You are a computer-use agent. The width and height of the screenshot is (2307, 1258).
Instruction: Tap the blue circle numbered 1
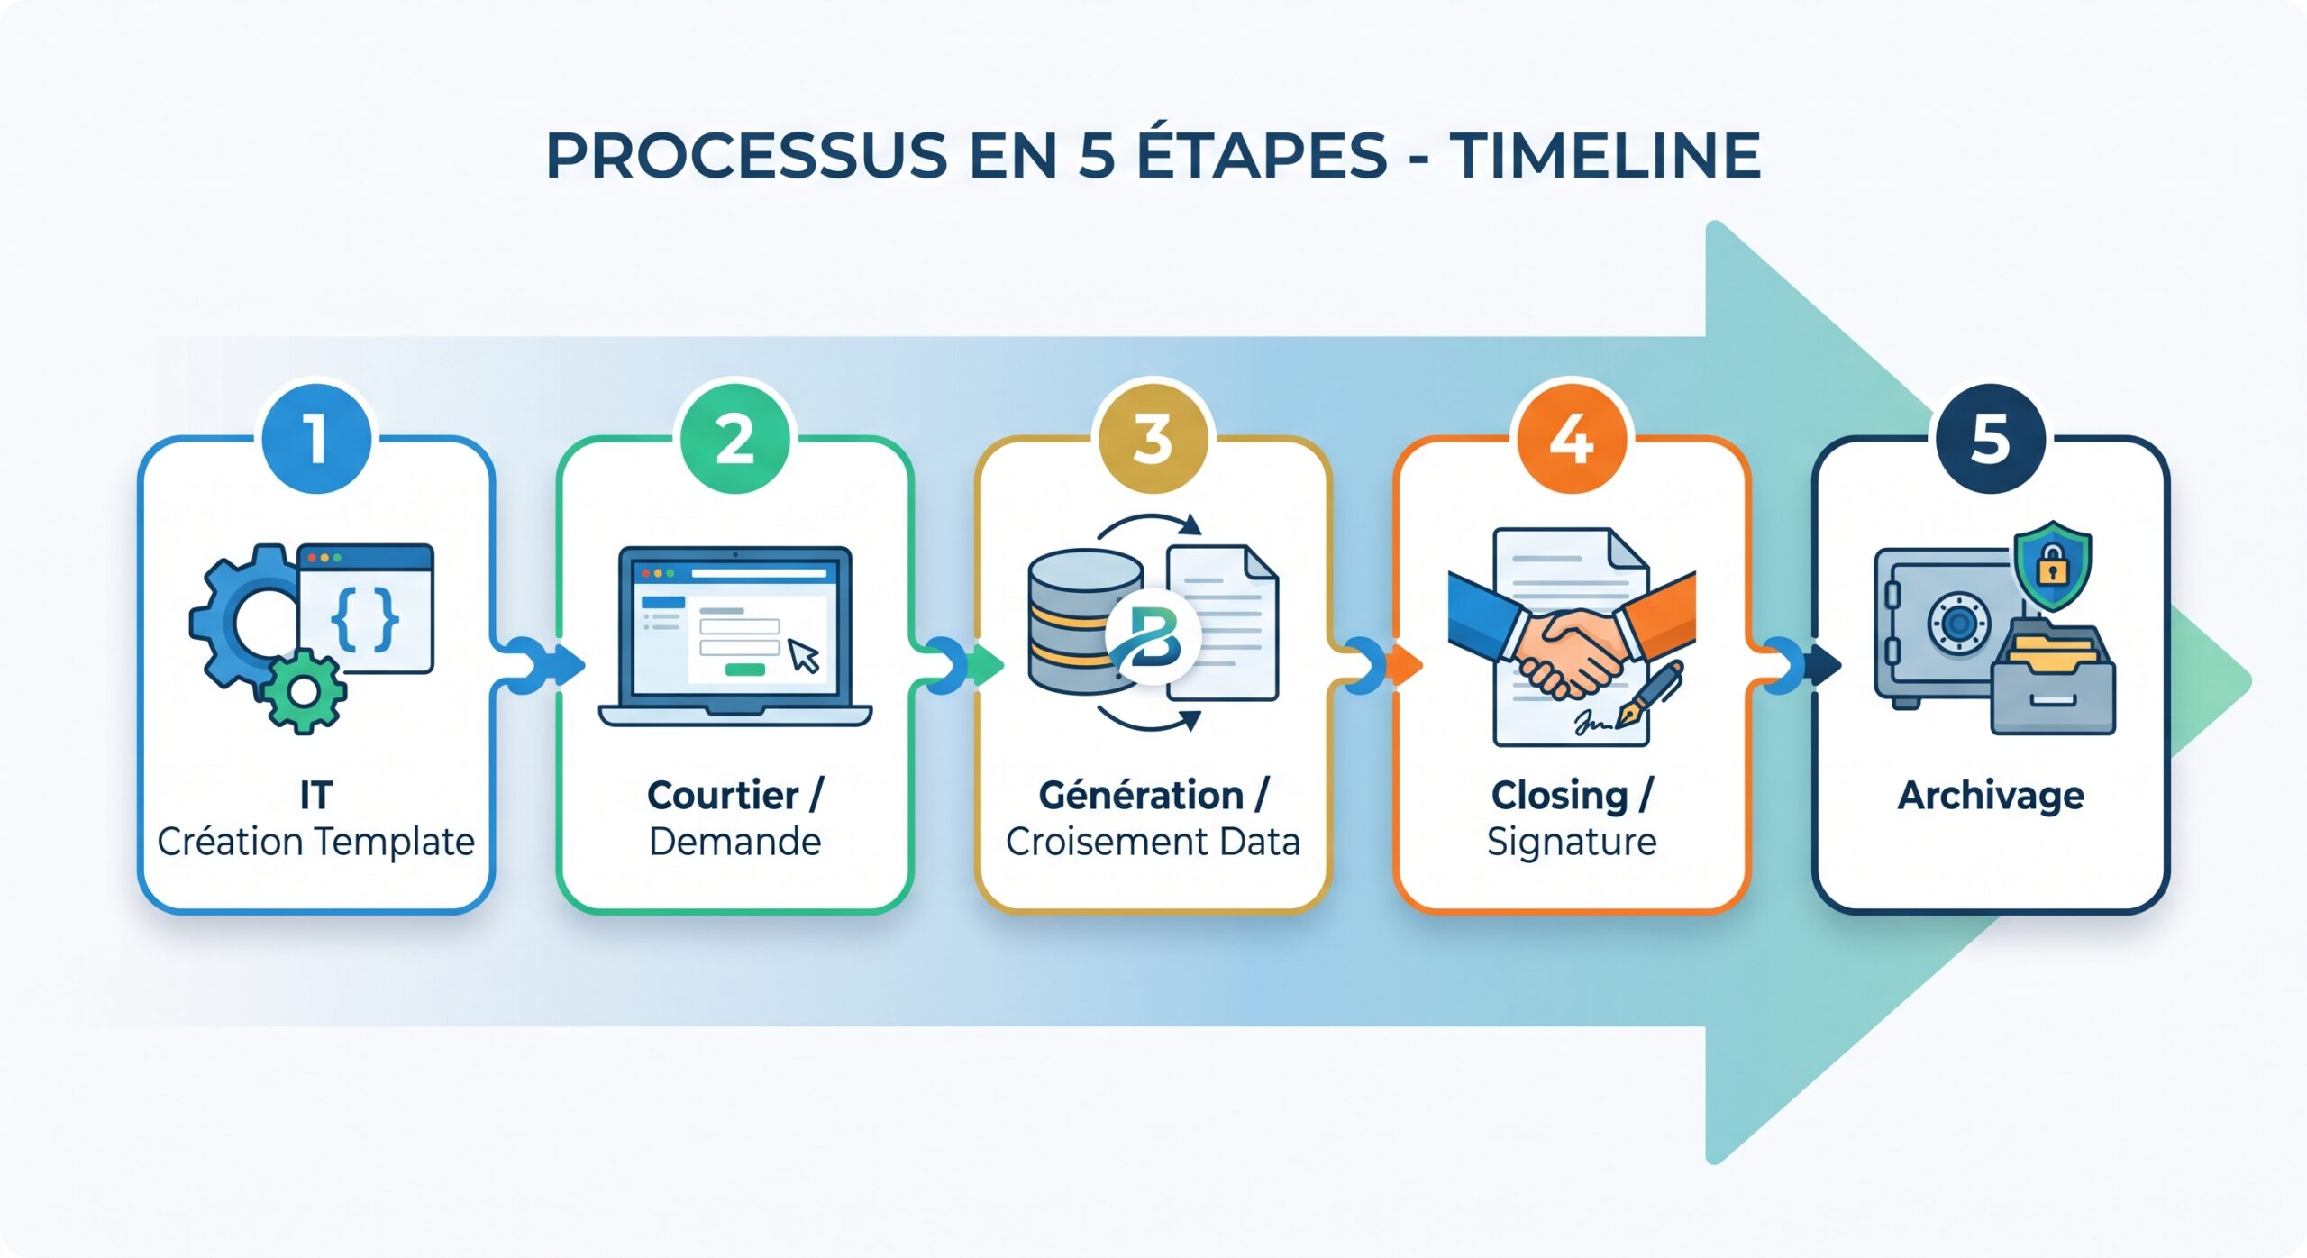pos(316,439)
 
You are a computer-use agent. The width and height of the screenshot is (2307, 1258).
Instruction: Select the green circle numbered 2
pos(734,439)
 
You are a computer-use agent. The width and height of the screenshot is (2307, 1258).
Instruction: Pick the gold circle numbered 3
pos(1153,439)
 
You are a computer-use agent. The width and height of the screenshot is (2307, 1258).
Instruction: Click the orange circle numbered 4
pos(1572,439)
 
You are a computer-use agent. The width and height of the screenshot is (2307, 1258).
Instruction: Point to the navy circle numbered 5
pos(1991,439)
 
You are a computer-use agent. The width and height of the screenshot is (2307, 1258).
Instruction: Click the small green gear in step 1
pos(305,692)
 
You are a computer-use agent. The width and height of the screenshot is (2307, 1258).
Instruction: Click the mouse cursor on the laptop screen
pos(804,656)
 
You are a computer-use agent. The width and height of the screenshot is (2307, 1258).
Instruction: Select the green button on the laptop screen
pos(744,670)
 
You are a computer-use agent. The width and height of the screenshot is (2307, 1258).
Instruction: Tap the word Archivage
pos(1991,796)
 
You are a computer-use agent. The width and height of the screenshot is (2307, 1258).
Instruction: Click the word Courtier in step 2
pos(723,796)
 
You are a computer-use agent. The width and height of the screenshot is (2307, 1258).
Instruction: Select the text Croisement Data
pos(1153,842)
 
